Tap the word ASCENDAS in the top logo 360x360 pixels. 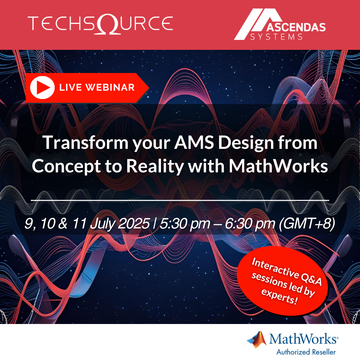(x=296, y=27)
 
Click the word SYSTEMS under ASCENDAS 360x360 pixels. (x=277, y=37)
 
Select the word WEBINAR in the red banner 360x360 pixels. (x=110, y=88)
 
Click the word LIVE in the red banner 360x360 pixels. (x=71, y=88)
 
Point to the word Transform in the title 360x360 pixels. (x=85, y=143)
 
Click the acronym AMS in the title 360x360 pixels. (x=194, y=143)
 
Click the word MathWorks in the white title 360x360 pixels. (x=279, y=166)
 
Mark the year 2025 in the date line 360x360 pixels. (x=134, y=223)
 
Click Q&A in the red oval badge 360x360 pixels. (x=311, y=279)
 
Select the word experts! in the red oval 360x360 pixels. (x=280, y=296)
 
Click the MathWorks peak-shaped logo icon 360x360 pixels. (x=257, y=340)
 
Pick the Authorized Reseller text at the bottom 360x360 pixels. (x=306, y=352)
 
